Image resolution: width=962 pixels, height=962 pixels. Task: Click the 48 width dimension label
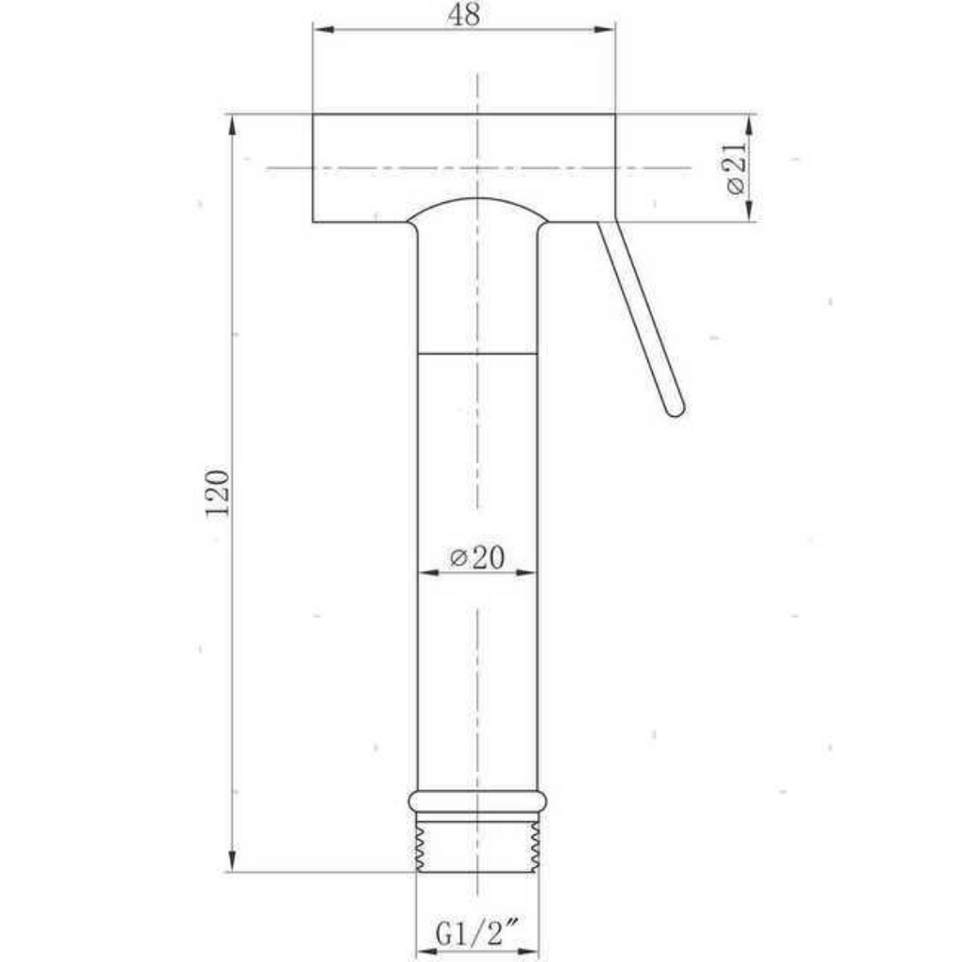pos(463,17)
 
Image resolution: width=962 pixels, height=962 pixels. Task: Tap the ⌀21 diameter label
pos(737,168)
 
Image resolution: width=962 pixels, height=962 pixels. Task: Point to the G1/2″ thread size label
pos(478,934)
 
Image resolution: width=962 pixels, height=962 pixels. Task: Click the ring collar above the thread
pos(477,800)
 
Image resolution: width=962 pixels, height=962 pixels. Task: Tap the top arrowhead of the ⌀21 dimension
pos(750,123)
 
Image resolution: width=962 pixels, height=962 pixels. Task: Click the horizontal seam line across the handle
pos(477,354)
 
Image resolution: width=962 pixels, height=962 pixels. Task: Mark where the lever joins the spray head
pos(607,225)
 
